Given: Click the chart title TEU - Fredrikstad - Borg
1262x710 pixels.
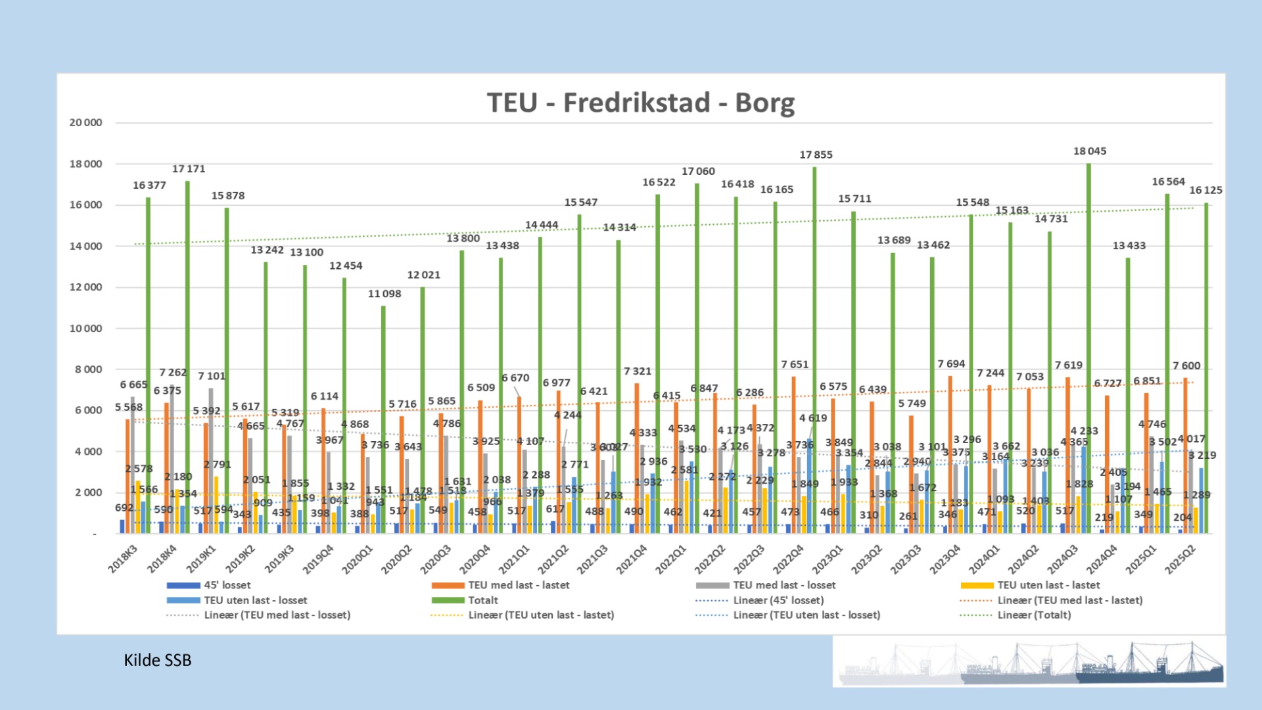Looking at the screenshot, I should [640, 103].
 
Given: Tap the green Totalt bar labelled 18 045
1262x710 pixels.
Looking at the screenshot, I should [1088, 348].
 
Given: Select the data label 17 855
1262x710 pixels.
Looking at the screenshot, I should [816, 154].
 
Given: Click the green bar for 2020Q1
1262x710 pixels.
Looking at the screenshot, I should [383, 421].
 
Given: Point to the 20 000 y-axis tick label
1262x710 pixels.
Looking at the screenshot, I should [86, 122].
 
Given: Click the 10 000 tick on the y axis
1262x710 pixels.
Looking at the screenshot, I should [86, 328].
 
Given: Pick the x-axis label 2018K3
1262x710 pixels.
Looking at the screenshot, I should [123, 559].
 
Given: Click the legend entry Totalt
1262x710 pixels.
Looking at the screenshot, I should [482, 600].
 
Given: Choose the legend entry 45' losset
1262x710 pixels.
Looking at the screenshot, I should [227, 585].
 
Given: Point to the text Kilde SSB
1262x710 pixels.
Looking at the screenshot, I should [158, 660].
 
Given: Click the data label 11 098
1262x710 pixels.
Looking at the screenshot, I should [384, 294].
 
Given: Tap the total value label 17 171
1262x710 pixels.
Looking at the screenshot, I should [189, 169].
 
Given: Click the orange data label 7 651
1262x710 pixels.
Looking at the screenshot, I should [795, 364].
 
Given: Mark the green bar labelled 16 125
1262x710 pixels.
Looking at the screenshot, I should [1206, 368].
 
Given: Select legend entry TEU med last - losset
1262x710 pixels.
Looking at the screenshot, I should [784, 585].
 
